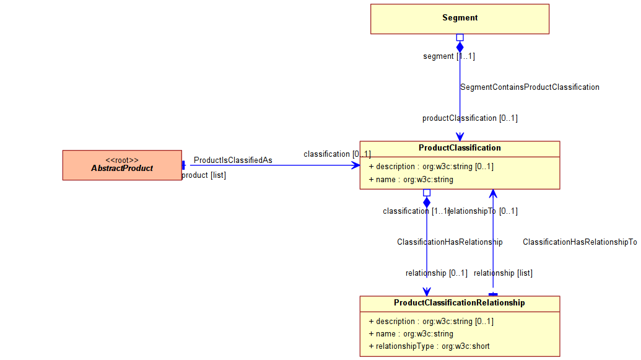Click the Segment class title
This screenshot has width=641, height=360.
tap(460, 18)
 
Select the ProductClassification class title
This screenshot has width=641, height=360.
tap(460, 148)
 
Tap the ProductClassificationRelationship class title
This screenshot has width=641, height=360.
tap(460, 303)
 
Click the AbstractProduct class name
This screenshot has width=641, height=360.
tap(122, 169)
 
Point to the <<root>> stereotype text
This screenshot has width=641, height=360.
tap(122, 160)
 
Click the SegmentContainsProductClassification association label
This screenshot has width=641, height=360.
tap(530, 87)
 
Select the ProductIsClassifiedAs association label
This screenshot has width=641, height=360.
tap(233, 160)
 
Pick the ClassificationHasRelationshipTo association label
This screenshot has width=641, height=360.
tap(580, 242)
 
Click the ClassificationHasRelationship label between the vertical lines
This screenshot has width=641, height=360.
tap(450, 242)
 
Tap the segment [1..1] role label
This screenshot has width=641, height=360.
tap(449, 56)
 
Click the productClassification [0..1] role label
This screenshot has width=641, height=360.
tap(470, 118)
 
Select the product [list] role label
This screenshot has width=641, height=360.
tap(204, 175)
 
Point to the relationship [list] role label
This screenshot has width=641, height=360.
tap(503, 273)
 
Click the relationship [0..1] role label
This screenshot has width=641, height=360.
tap(437, 273)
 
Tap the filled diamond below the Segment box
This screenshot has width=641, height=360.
tap(460, 47)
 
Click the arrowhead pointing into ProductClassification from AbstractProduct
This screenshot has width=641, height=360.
tap(355, 165)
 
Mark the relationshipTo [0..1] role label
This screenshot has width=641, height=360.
tap(483, 211)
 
